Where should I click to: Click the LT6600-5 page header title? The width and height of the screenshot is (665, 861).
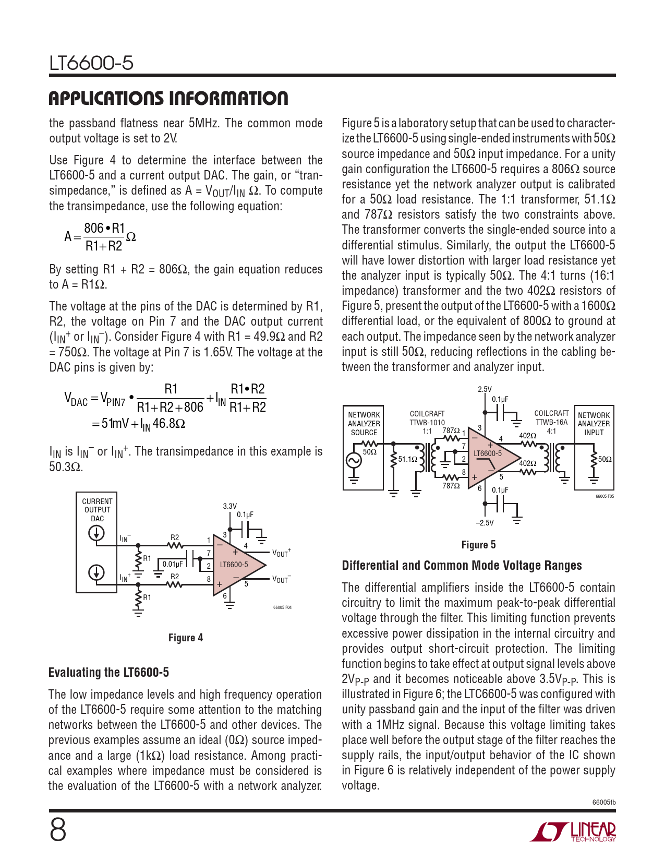pyautogui.click(x=91, y=63)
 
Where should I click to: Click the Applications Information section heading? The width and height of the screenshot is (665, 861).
pyautogui.click(x=168, y=98)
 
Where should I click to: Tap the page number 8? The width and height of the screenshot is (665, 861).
pyautogui.click(x=58, y=830)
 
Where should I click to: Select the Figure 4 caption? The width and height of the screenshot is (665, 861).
pyautogui.click(x=185, y=638)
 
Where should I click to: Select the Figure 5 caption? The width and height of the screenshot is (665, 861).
pyautogui.click(x=478, y=545)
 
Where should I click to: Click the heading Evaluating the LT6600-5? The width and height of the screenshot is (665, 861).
pyautogui.click(x=108, y=672)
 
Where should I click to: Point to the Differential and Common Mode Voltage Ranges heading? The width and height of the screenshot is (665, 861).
pyautogui.click(x=462, y=566)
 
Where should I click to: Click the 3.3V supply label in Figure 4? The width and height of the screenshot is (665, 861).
pyautogui.click(x=229, y=506)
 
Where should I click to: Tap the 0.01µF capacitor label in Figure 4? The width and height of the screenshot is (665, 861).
pyautogui.click(x=173, y=564)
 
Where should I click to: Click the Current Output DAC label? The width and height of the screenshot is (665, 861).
pyautogui.click(x=97, y=510)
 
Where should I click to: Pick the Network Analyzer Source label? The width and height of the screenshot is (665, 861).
pyautogui.click(x=364, y=424)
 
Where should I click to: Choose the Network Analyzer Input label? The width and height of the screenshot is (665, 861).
pyautogui.click(x=594, y=424)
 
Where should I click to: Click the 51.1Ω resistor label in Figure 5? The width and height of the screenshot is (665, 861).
pyautogui.click(x=408, y=459)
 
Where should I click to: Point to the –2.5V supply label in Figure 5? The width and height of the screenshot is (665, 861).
pyautogui.click(x=485, y=523)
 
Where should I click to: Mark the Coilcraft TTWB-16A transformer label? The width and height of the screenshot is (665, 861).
pyautogui.click(x=551, y=418)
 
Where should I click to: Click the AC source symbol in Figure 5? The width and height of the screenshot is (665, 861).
pyautogui.click(x=354, y=460)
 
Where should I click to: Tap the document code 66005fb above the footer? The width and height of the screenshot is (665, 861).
pyautogui.click(x=603, y=802)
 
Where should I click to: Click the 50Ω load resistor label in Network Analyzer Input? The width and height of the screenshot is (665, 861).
pyautogui.click(x=605, y=459)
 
